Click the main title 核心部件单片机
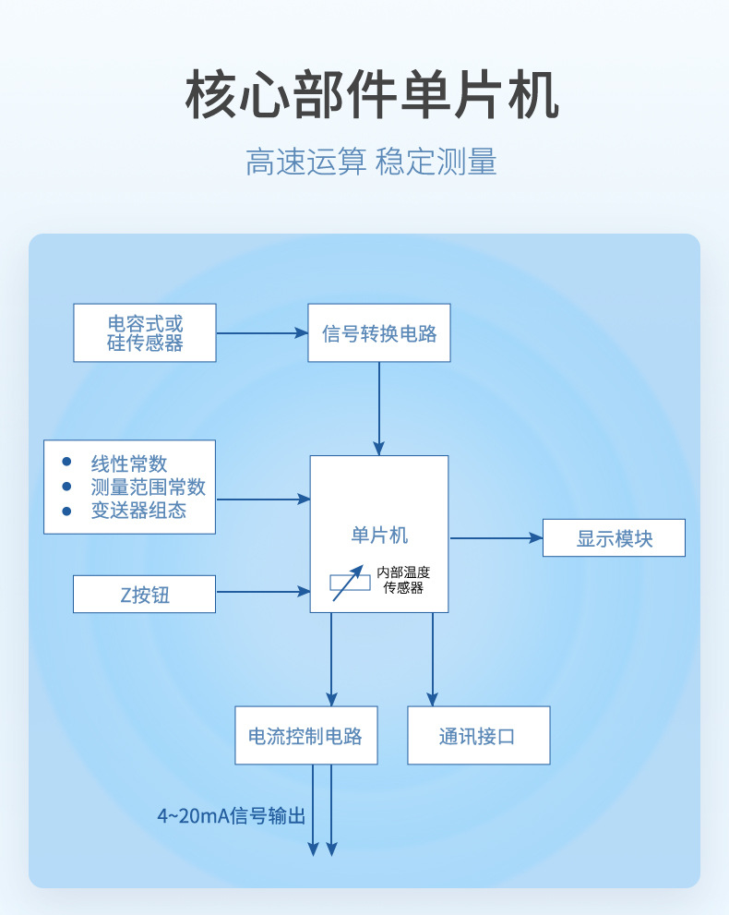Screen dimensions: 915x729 click(372, 95)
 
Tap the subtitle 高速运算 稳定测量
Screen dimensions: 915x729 click(371, 162)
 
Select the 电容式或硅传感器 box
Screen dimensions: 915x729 click(145, 332)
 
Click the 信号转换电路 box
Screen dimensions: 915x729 click(379, 332)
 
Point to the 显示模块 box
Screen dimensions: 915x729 click(614, 538)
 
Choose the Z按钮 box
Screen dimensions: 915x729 click(145, 595)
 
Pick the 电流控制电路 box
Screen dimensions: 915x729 click(306, 736)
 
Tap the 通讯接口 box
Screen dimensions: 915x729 click(478, 736)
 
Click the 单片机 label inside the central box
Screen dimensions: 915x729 click(379, 536)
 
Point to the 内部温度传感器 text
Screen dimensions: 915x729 click(403, 580)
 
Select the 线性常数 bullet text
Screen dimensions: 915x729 click(129, 464)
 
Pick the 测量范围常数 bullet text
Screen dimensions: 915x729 click(148, 488)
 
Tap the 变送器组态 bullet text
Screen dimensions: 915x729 click(138, 511)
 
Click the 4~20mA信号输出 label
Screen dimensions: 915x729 click(231, 816)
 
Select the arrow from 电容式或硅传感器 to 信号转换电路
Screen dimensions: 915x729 click(262, 333)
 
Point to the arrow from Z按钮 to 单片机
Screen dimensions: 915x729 click(263, 592)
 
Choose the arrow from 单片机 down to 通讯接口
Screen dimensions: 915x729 click(432, 659)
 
